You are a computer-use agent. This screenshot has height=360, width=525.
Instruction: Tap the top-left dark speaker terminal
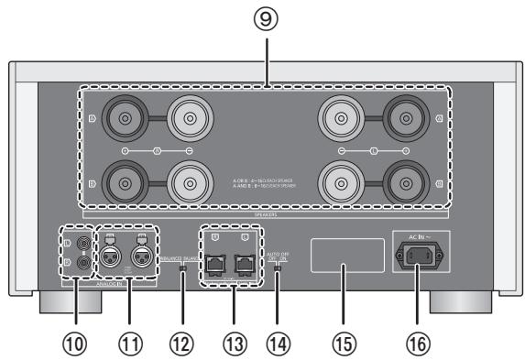(x=119, y=118)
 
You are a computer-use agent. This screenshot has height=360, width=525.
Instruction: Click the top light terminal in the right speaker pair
(x=340, y=118)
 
